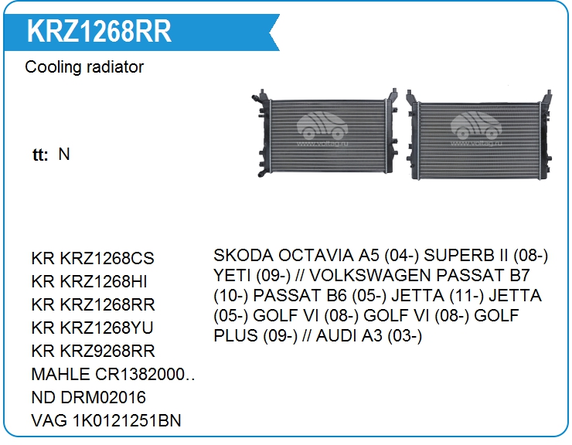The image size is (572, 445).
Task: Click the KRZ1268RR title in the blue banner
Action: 99,31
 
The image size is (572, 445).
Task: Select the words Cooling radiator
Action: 84,67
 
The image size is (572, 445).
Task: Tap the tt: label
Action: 40,155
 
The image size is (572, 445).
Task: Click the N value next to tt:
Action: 64,155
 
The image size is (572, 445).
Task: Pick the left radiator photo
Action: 325,133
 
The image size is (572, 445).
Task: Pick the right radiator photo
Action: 479,135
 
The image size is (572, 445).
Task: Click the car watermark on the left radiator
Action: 322,128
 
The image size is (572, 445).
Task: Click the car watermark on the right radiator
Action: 476,128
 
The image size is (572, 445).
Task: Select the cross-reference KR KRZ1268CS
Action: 93,258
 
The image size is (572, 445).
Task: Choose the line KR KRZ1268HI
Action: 90,281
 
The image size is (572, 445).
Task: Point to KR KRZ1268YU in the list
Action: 92,328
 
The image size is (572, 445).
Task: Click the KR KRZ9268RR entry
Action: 93,351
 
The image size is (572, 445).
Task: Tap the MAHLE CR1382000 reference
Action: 113,374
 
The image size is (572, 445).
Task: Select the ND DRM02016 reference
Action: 89,398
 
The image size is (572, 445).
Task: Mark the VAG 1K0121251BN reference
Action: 106,420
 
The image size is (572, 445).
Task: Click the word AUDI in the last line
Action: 336,335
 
